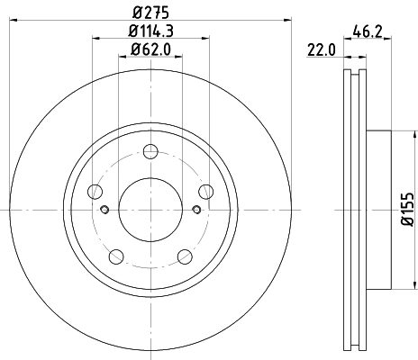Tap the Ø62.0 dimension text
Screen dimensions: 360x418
(150, 50)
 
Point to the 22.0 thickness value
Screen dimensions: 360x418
(322, 52)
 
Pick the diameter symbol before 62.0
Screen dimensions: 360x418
(133, 50)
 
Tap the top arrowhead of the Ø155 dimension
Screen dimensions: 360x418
(394, 135)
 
